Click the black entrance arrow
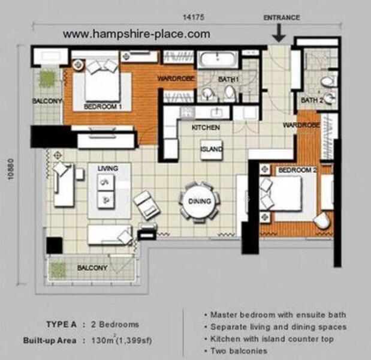[x=279, y=32]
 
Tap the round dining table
[x=200, y=202]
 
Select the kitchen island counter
[x=212, y=149]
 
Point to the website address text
[x=137, y=34]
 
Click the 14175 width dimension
[x=194, y=17]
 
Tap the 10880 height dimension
[x=11, y=169]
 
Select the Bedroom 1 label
[x=103, y=107]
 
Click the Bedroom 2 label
[x=297, y=170]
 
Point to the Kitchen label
[x=206, y=127]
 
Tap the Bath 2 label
[x=312, y=100]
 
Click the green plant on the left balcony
[x=48, y=78]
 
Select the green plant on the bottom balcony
[x=58, y=269]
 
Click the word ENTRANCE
[x=282, y=17]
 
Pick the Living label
[x=108, y=169]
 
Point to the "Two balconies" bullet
[x=239, y=351]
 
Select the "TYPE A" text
[x=61, y=324]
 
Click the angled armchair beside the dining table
[x=146, y=205]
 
